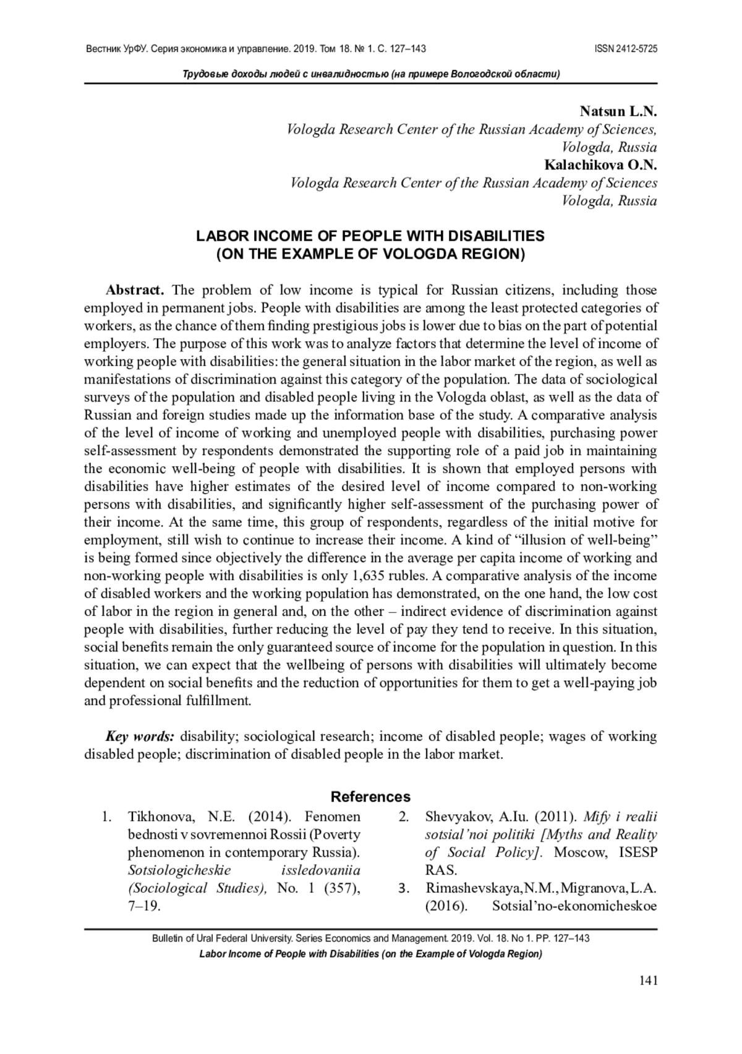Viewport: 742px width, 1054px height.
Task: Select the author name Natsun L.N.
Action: pyautogui.click(x=618, y=112)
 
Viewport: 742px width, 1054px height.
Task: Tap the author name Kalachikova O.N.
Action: pyautogui.click(x=600, y=165)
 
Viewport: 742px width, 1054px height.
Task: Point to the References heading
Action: pyautogui.click(x=370, y=797)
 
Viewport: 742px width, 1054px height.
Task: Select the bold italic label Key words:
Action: pyautogui.click(x=140, y=736)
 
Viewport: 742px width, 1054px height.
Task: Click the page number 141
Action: pyautogui.click(x=647, y=980)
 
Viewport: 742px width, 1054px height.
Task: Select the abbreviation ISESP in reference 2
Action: pyautogui.click(x=638, y=852)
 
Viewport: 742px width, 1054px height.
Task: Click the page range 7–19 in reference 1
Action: pyautogui.click(x=144, y=906)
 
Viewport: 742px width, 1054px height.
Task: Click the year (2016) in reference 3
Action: pyautogui.click(x=445, y=906)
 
